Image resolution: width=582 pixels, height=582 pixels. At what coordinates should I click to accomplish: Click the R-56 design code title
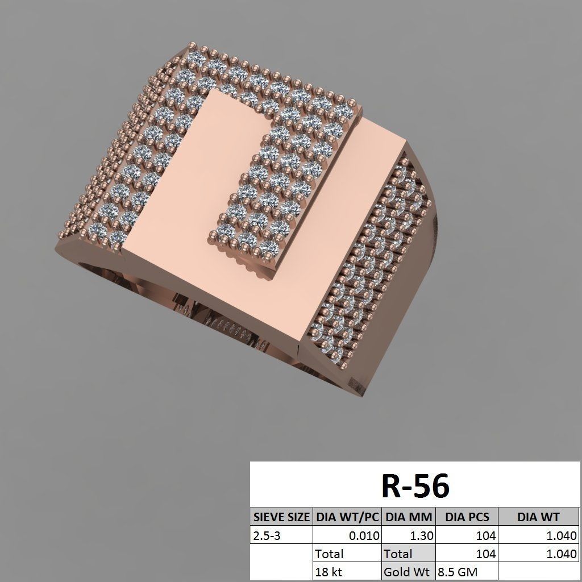click(x=415, y=486)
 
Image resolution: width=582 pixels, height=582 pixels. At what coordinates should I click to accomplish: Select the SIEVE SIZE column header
click(x=281, y=517)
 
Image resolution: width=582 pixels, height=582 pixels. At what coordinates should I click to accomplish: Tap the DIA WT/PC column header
click(x=347, y=517)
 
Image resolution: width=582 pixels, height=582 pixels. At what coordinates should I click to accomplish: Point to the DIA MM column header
click(x=409, y=517)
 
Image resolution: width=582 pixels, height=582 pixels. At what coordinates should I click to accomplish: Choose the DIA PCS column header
click(x=466, y=517)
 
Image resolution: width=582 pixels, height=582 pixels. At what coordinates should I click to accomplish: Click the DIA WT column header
click(x=538, y=517)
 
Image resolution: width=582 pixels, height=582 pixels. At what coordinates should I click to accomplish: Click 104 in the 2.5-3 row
click(x=485, y=535)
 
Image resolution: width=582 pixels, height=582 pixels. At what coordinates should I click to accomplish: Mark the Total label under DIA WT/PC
click(x=330, y=554)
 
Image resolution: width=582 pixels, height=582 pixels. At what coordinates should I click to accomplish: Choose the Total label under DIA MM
click(x=398, y=554)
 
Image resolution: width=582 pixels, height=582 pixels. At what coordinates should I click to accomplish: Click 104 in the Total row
click(x=485, y=554)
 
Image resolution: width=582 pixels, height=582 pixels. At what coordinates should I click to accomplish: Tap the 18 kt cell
click(x=329, y=572)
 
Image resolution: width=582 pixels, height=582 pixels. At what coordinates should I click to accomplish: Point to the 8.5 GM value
click(x=458, y=572)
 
